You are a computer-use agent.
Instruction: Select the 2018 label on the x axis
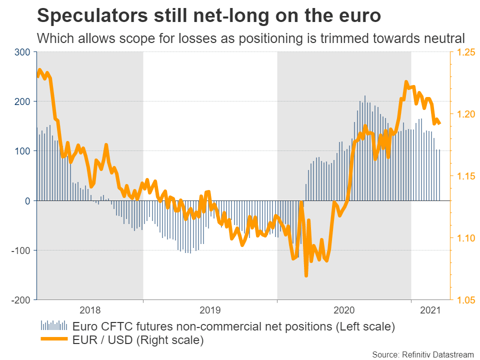click(x=90, y=310)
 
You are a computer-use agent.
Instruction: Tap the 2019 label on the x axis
click(x=210, y=310)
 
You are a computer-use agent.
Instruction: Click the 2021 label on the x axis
click(x=430, y=310)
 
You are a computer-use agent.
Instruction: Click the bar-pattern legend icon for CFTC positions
click(x=53, y=325)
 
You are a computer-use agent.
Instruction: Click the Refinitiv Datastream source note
click(x=423, y=354)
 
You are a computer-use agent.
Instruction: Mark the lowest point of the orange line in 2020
click(x=305, y=275)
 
